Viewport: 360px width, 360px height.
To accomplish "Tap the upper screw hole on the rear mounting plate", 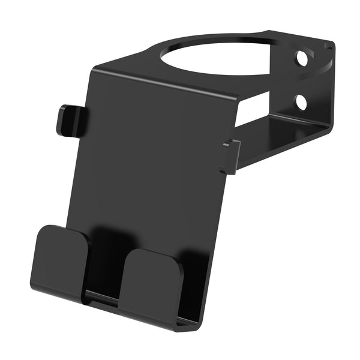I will (301, 59).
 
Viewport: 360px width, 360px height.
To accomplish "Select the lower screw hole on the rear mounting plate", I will (301, 102).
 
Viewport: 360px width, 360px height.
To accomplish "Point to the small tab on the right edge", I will (230, 156).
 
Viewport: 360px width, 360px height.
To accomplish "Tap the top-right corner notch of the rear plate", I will (329, 44).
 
